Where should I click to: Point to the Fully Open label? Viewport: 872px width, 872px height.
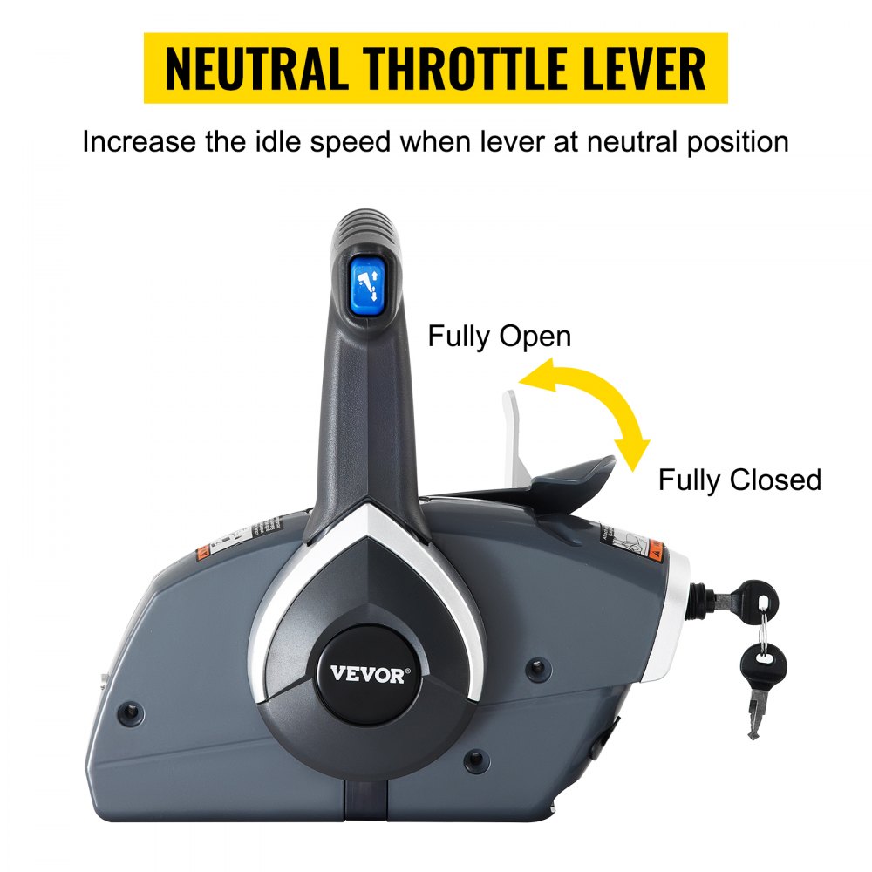pos(499,337)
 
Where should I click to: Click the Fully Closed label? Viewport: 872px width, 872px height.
pos(739,480)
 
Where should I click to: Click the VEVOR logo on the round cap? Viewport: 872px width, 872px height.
pos(368,674)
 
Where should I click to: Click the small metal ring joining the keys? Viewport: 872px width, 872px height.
pos(761,626)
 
